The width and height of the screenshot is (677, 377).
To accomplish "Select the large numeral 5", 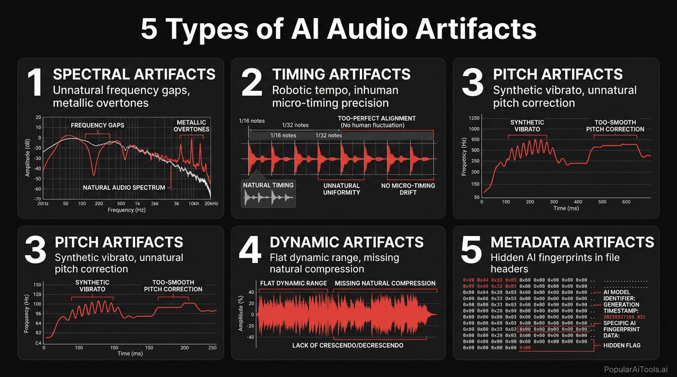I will click(471, 251).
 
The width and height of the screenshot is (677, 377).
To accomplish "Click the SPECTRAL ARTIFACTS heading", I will click(134, 74).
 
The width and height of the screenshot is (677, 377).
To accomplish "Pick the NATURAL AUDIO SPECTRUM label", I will click(125, 187).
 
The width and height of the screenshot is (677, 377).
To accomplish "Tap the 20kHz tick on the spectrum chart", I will click(210, 203).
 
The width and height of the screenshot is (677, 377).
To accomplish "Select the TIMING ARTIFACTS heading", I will click(341, 74).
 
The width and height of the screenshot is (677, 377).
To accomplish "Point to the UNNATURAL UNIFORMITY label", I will click(341, 188).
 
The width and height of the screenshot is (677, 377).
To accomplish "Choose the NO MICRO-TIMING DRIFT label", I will click(405, 188).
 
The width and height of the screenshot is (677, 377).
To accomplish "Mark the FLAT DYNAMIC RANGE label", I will click(293, 283).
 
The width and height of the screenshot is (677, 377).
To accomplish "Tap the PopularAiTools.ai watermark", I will click(635, 368).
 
